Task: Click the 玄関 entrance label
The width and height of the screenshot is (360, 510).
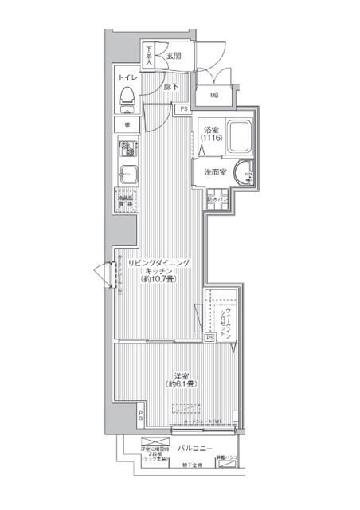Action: coord(174,56)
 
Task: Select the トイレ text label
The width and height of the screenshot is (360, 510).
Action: coord(127,78)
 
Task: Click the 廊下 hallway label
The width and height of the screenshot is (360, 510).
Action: coord(170,87)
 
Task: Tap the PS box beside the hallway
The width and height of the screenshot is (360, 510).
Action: coord(184,109)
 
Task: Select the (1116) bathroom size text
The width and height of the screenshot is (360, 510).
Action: coord(211,139)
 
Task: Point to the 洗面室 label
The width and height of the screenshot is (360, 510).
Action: coord(214,172)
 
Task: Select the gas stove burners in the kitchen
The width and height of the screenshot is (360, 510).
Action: coord(127,147)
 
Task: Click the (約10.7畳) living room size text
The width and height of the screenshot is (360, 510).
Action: coord(158,280)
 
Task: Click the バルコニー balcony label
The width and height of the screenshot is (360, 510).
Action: coord(194,449)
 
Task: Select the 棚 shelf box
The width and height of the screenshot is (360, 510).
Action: coord(127,124)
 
